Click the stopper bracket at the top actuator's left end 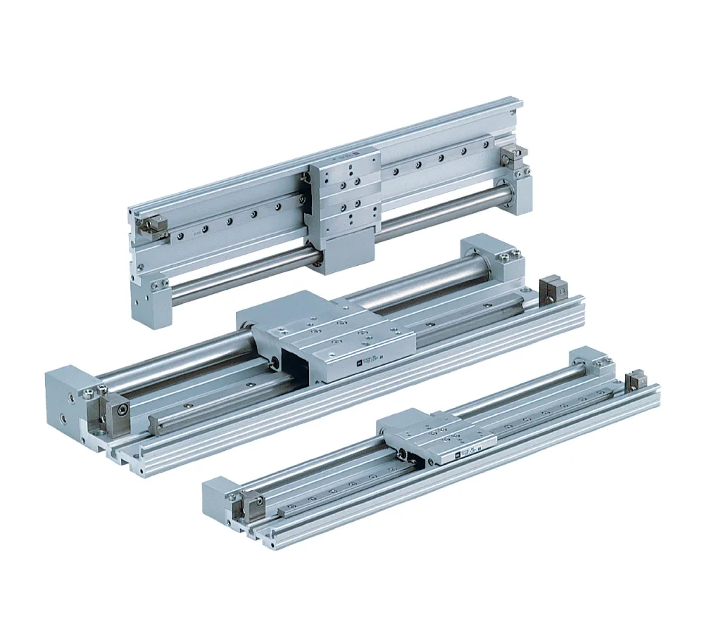[151, 225]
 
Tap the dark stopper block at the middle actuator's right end [548, 292]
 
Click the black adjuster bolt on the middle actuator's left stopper [122, 409]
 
